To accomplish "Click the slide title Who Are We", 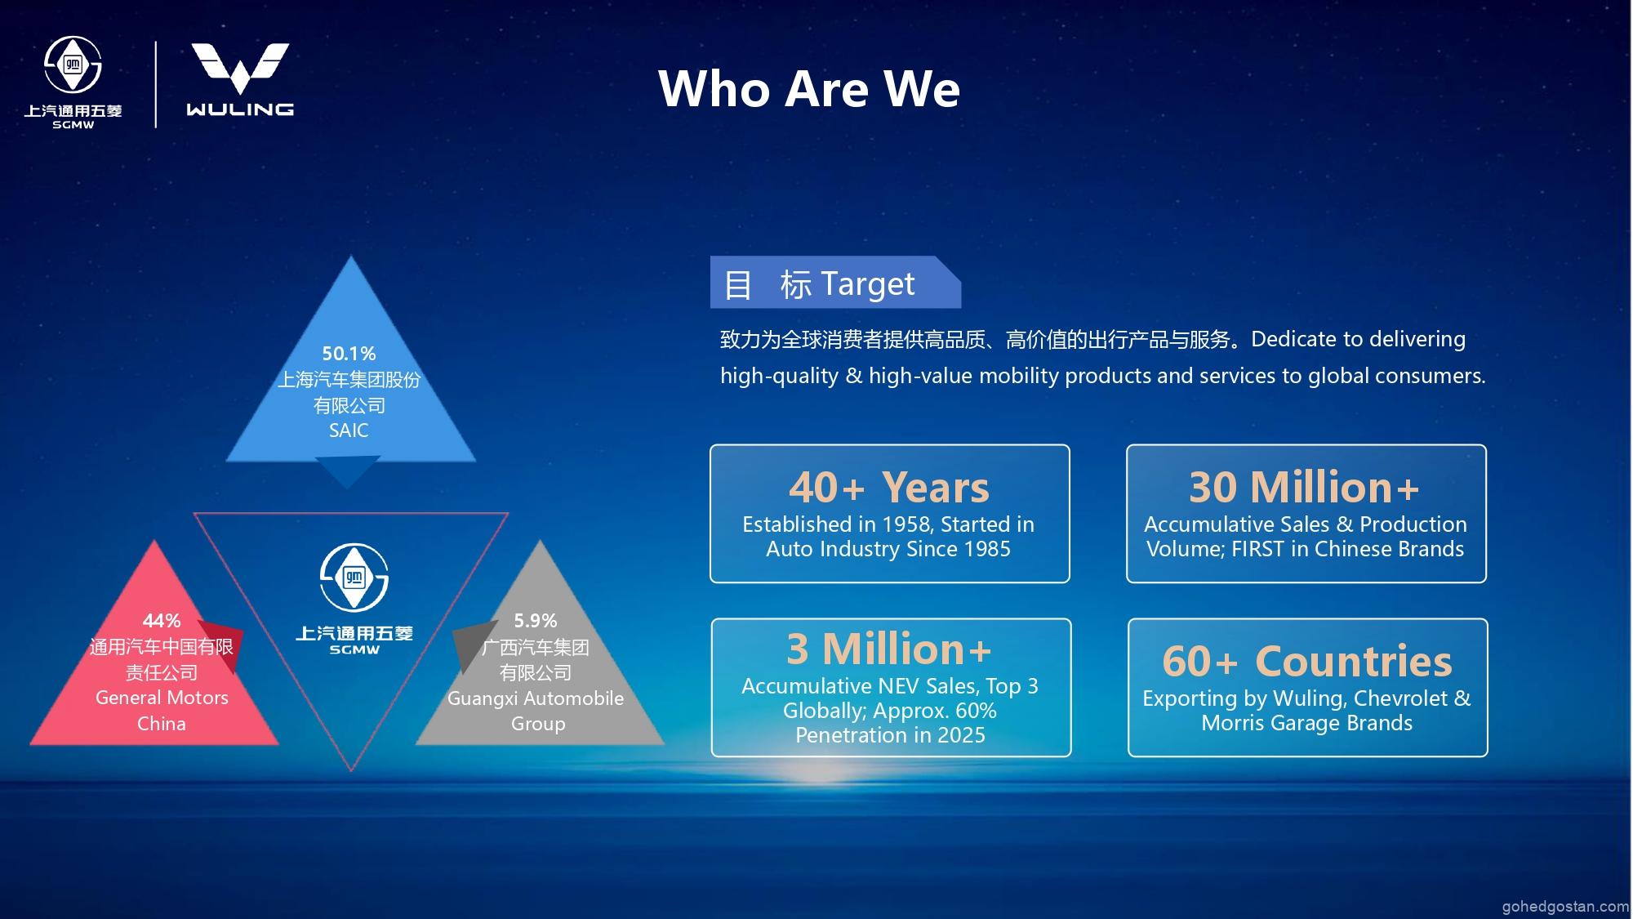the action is (809, 88).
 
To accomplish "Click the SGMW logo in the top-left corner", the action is (73, 83).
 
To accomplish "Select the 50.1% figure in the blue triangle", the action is (349, 354).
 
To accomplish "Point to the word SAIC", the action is (349, 431).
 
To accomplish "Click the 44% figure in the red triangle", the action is (162, 621).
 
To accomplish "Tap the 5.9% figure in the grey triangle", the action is (536, 621).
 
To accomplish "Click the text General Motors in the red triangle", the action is (162, 698).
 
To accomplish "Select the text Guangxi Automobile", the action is (536, 698).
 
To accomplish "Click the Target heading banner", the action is (835, 283).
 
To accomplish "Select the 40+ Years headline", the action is (889, 488).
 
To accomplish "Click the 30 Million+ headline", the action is (1304, 488).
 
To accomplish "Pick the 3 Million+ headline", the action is (889, 649).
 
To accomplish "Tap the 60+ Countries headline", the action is (1307, 661).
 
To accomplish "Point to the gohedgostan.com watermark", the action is (1566, 907).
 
